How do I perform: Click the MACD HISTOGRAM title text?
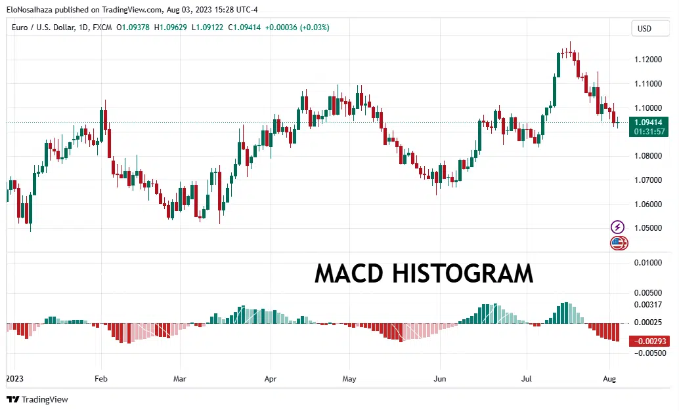tap(424, 273)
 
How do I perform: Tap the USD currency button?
tap(644, 29)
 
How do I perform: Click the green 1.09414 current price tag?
tap(648, 122)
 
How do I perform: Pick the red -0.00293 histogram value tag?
tap(648, 342)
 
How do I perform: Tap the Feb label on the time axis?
tap(101, 379)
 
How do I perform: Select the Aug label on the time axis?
tap(609, 379)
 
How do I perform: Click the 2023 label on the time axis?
tap(14, 379)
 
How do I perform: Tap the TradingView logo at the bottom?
tap(37, 399)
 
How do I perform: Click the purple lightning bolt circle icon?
tap(618, 227)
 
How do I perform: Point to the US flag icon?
tap(617, 244)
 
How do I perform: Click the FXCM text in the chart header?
tap(102, 28)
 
